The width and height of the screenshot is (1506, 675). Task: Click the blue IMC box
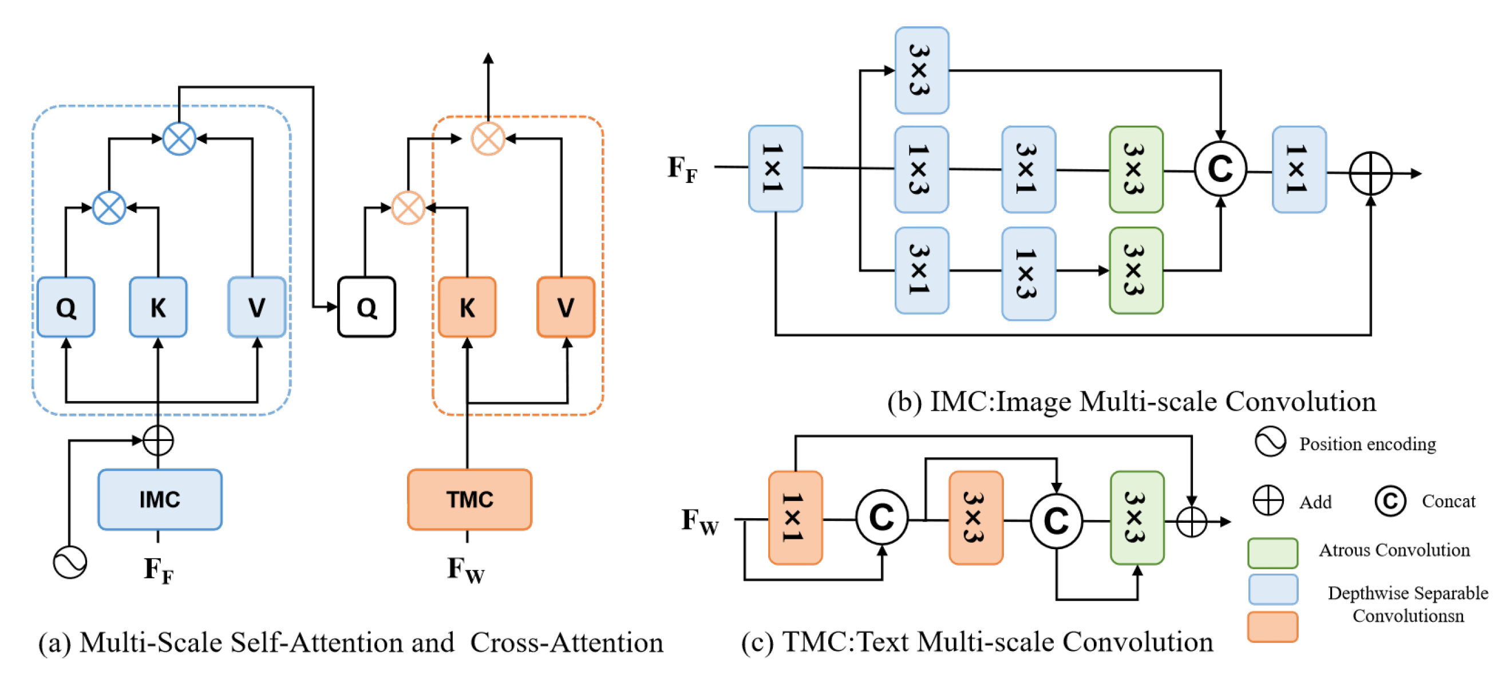(160, 499)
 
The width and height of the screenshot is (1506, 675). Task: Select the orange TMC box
(469, 499)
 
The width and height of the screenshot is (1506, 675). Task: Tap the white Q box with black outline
(366, 307)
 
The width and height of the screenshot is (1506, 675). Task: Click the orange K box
(467, 307)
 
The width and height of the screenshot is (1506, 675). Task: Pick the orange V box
(566, 307)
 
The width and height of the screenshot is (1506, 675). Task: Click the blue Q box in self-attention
(66, 307)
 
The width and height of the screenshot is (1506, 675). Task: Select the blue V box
(256, 307)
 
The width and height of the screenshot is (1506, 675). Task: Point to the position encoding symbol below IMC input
(70, 562)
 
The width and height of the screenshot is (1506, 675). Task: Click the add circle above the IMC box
(158, 440)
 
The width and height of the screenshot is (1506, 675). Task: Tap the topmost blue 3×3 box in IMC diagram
(922, 70)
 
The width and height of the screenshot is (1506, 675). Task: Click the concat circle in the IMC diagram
(1220, 169)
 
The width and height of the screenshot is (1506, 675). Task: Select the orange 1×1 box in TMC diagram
(795, 517)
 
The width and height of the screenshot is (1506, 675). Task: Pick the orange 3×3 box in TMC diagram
(975, 517)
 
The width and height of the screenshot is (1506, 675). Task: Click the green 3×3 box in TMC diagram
(1137, 517)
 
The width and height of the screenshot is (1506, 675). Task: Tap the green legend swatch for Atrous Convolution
(1272, 552)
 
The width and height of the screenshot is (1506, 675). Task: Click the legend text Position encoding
(1367, 444)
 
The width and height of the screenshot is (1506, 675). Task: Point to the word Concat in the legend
(1448, 501)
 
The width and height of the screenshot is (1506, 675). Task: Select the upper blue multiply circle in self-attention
(179, 138)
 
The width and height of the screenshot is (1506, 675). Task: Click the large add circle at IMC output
(1370, 173)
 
